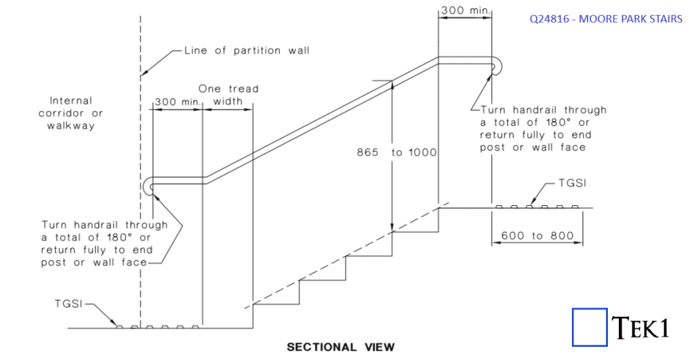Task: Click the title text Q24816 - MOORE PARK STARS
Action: pyautogui.click(x=606, y=19)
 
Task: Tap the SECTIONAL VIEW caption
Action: pyautogui.click(x=340, y=347)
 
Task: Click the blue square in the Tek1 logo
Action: pyautogui.click(x=589, y=328)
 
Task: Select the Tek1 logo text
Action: pyautogui.click(x=641, y=328)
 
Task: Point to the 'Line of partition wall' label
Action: pyautogui.click(x=246, y=51)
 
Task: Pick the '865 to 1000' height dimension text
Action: pyautogui.click(x=396, y=152)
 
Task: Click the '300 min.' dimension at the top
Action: pyautogui.click(x=466, y=11)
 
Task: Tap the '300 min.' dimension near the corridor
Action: pyautogui.click(x=178, y=102)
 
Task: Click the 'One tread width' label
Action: pyautogui.click(x=228, y=95)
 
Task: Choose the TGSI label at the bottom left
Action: pyautogui.click(x=69, y=305)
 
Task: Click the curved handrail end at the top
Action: pyautogui.click(x=499, y=64)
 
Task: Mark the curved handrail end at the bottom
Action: pyautogui.click(x=150, y=188)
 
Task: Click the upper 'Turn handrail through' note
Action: pyautogui.click(x=543, y=128)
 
